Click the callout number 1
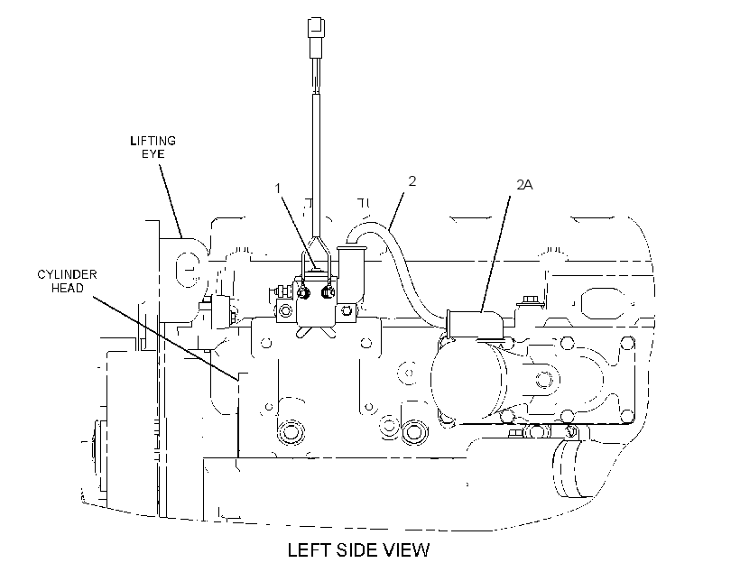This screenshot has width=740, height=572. coord(278,189)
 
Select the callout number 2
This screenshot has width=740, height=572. coord(412,181)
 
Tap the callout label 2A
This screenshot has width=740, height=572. coord(524,185)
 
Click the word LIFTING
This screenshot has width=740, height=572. coord(153,141)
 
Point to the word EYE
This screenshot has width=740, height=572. coord(153,154)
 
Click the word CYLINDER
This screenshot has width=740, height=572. coord(67,274)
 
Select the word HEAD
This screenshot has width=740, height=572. coord(67,288)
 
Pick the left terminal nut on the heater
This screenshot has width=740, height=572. coord(304,293)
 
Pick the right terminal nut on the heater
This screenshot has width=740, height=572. coord(327,292)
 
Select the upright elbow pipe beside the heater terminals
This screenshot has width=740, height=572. coord(350,272)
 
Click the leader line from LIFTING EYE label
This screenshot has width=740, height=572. coord(170,199)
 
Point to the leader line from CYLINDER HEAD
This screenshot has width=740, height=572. coord(166,338)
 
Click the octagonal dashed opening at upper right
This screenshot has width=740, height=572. coord(602,303)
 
